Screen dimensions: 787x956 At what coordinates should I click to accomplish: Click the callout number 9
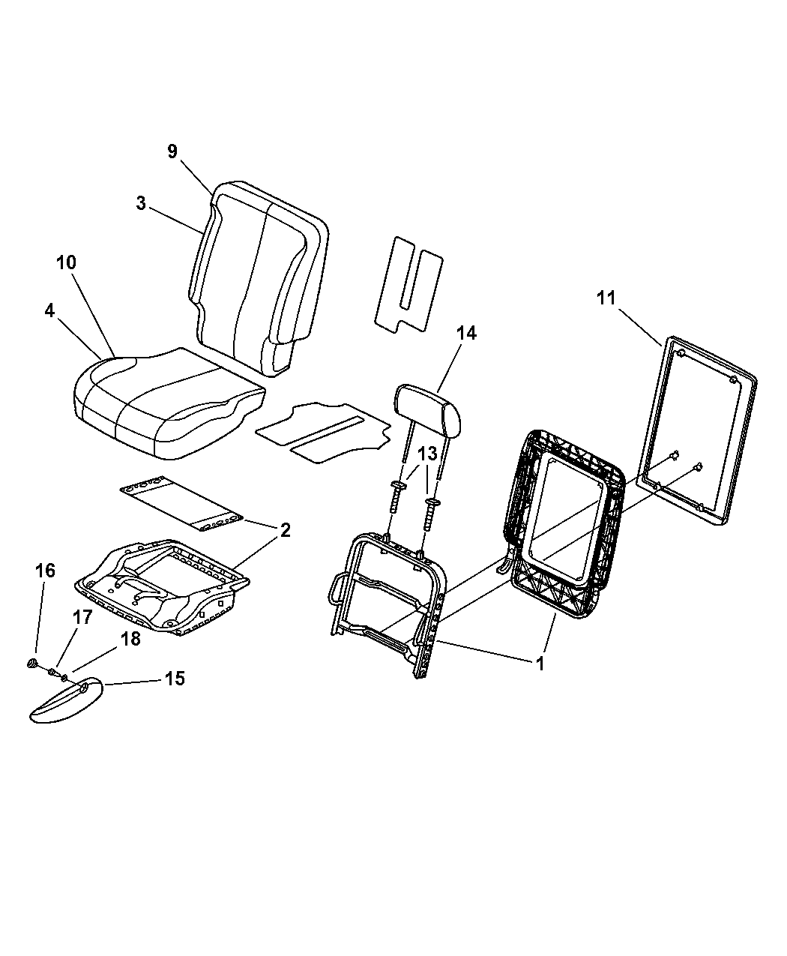(172, 151)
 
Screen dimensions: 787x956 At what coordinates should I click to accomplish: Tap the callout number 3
(141, 203)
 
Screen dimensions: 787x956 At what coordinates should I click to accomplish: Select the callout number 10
(67, 262)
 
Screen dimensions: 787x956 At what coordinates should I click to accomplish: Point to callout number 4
(50, 310)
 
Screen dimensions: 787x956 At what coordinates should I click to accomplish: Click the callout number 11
(606, 298)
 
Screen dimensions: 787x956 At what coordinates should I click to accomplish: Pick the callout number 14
(466, 333)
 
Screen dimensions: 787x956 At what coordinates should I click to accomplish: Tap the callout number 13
(428, 454)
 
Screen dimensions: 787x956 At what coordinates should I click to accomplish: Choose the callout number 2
(285, 531)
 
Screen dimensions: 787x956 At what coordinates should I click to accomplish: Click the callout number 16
(45, 571)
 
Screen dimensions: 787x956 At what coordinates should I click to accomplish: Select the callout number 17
(83, 617)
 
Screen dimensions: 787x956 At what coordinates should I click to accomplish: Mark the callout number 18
(130, 639)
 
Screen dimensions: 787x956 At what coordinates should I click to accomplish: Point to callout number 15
(175, 679)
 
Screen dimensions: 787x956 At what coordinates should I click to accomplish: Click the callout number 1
(540, 664)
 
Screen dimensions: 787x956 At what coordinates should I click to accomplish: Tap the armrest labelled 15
(66, 701)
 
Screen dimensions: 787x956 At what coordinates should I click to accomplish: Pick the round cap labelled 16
(33, 663)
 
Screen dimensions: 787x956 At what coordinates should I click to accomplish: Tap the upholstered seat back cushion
(259, 278)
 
